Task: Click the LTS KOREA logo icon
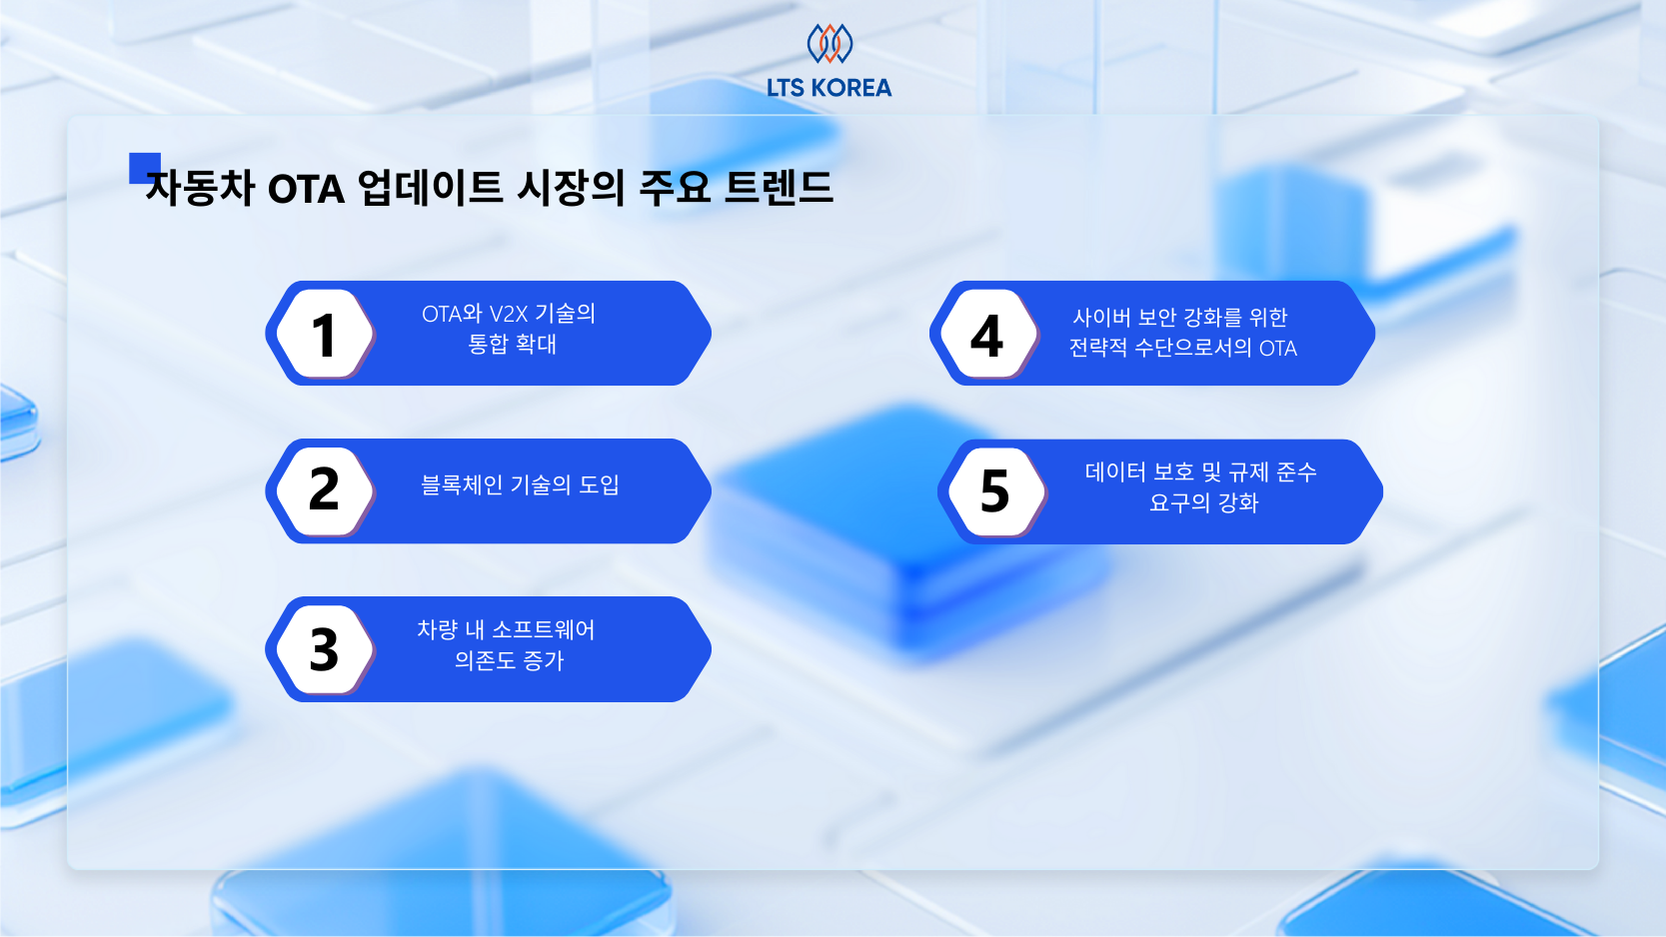(830, 43)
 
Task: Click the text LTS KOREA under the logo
(830, 88)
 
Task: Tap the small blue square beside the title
(143, 166)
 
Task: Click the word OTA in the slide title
(306, 189)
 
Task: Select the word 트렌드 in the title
(779, 188)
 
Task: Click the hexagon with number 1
(324, 334)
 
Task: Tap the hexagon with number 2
(324, 490)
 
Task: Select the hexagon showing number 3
(324, 649)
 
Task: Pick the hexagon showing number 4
(987, 335)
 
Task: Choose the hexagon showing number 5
(994, 491)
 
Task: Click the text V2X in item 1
(508, 314)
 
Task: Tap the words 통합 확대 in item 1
(512, 345)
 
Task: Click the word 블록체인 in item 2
(461, 485)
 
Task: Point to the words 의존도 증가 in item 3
(509, 661)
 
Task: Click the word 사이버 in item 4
(1101, 318)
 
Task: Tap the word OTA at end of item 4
(1277, 349)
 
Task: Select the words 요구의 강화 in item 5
(1203, 503)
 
